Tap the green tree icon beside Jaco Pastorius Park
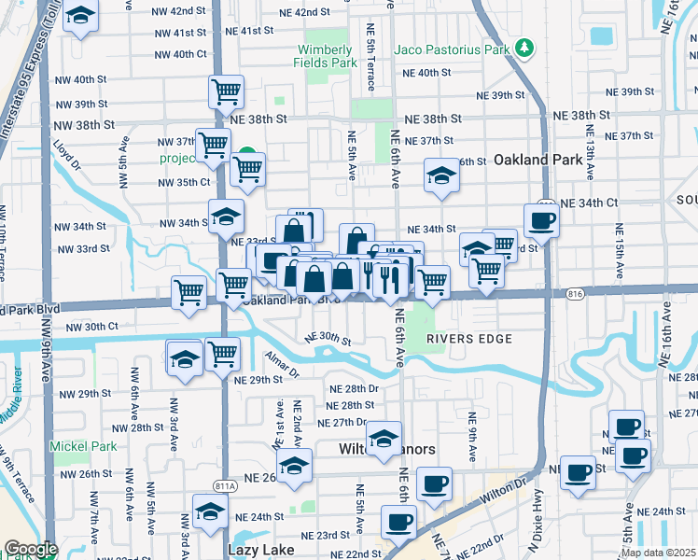(526, 48)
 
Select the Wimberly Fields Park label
(326, 56)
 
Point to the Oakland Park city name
(538, 160)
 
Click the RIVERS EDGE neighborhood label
(469, 339)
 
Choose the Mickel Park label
(84, 446)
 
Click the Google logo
(30, 549)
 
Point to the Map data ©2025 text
(658, 553)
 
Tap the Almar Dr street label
(281, 371)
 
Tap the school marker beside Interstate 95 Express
(81, 17)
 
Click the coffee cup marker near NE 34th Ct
(541, 221)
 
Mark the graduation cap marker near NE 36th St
(440, 175)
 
